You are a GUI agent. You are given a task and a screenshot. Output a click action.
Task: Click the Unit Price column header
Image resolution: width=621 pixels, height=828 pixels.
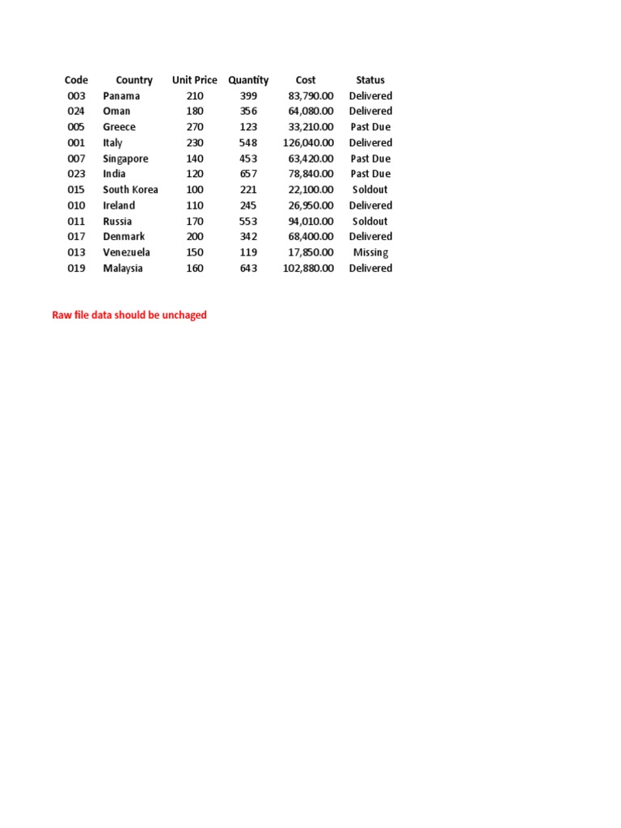[x=194, y=80]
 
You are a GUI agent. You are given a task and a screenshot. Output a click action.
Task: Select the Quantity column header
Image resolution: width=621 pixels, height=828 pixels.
[x=248, y=80]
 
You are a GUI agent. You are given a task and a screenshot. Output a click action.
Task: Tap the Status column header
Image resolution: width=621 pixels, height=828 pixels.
[x=370, y=80]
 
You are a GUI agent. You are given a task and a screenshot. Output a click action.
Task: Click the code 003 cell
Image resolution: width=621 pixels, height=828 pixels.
[x=76, y=96]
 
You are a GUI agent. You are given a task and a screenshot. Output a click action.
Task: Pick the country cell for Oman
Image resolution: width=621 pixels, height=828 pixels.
[x=116, y=112]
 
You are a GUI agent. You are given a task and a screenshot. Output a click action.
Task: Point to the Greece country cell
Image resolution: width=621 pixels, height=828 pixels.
[x=119, y=127]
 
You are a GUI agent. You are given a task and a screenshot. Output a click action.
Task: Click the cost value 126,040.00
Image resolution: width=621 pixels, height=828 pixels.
[x=308, y=143]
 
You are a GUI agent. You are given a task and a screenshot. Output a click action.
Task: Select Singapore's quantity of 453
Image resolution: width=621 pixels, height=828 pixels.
[x=248, y=158]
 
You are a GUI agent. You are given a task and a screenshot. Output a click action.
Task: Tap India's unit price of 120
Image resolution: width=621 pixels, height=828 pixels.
[x=195, y=174]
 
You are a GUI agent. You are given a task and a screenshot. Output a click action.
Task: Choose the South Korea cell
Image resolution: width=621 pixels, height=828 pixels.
[x=130, y=190]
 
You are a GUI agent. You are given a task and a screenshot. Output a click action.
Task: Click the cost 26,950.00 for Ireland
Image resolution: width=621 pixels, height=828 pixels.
[x=310, y=205]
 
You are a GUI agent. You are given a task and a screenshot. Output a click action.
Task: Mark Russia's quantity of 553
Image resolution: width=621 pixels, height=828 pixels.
[x=248, y=222]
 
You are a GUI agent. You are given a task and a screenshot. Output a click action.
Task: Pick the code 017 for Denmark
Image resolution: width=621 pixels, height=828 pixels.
[x=76, y=237]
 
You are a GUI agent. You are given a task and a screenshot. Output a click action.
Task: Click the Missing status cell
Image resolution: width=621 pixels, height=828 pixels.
[x=370, y=252]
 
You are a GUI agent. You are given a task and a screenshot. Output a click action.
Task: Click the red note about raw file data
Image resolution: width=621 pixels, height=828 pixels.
[x=129, y=315]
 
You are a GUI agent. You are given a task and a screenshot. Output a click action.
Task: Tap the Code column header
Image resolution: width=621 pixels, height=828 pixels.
[x=76, y=80]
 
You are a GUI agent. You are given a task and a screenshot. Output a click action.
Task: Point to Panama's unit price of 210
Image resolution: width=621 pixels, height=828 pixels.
[x=195, y=96]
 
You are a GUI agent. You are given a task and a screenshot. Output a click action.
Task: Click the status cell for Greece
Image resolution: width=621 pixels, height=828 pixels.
[x=370, y=127]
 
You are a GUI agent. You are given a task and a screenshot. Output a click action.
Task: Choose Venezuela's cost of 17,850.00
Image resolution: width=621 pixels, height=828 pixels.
[x=310, y=252]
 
